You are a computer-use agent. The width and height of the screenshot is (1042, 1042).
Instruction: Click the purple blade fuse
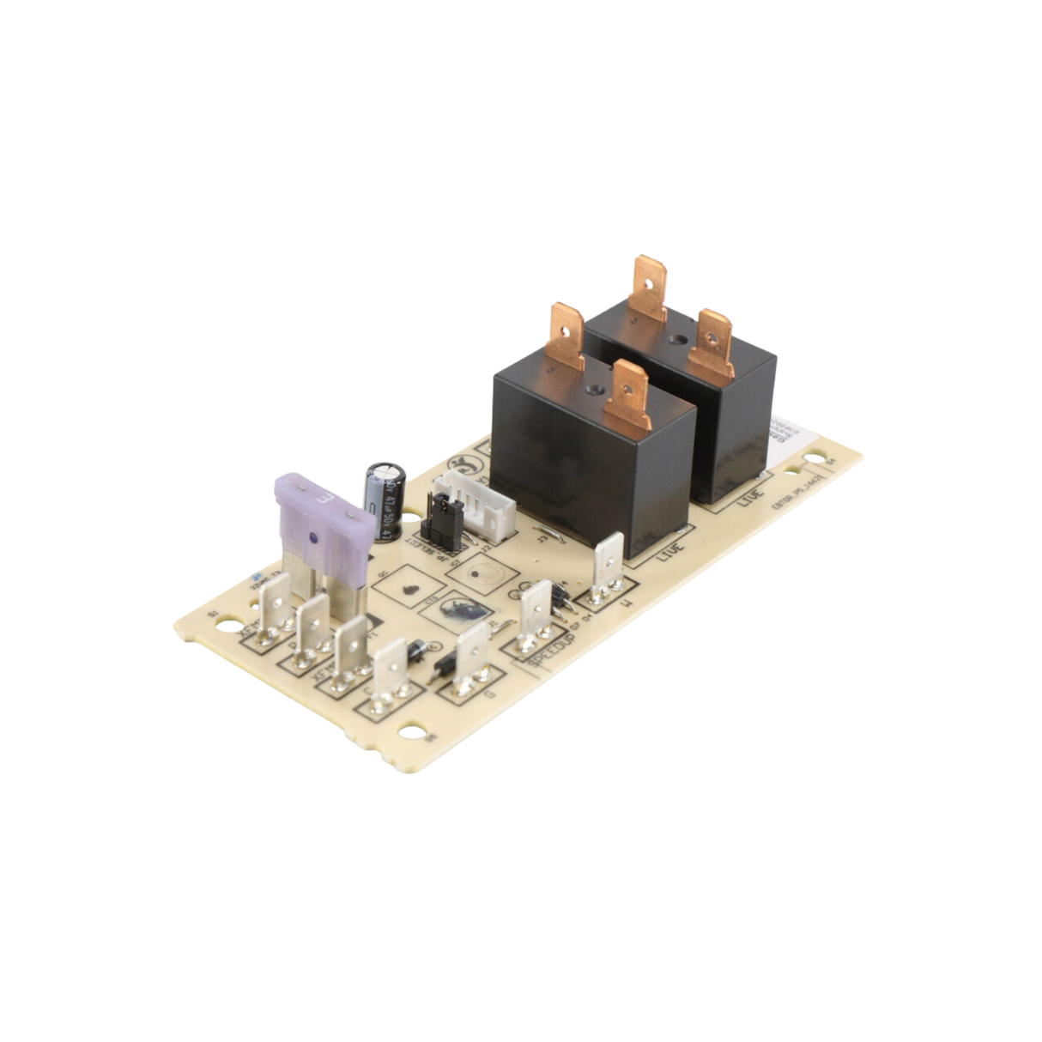click(322, 515)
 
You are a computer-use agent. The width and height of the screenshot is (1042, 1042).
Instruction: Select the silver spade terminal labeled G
click(471, 652)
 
